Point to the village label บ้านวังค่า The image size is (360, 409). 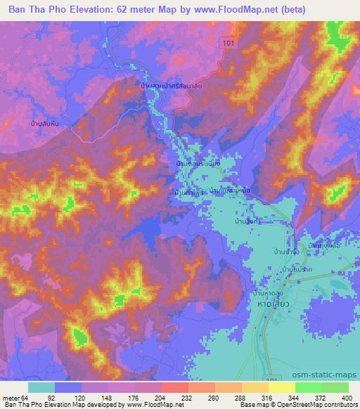coord(268,220)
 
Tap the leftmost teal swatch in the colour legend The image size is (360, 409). coord(41,387)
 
